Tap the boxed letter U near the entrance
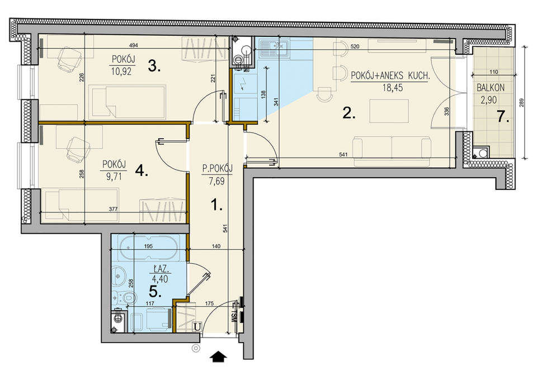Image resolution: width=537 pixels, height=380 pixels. (197, 327)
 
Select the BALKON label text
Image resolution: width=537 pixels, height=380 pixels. (491, 88)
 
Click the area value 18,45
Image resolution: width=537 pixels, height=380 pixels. (393, 88)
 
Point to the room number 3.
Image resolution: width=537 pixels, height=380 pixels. (154, 66)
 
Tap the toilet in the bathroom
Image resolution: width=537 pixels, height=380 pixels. (124, 297)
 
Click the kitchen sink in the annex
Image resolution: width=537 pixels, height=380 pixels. (274, 47)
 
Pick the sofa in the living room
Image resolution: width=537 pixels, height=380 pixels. (392, 151)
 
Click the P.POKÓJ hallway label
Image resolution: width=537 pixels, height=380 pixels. (217, 168)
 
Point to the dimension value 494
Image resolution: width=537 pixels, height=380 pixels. (133, 45)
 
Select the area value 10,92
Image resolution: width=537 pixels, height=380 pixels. (121, 72)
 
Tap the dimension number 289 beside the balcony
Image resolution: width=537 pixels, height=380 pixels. (521, 103)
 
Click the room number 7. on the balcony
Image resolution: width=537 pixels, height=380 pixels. (503, 117)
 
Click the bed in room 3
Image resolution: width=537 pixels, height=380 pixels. (128, 101)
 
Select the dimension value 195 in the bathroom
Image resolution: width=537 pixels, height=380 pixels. (148, 246)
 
